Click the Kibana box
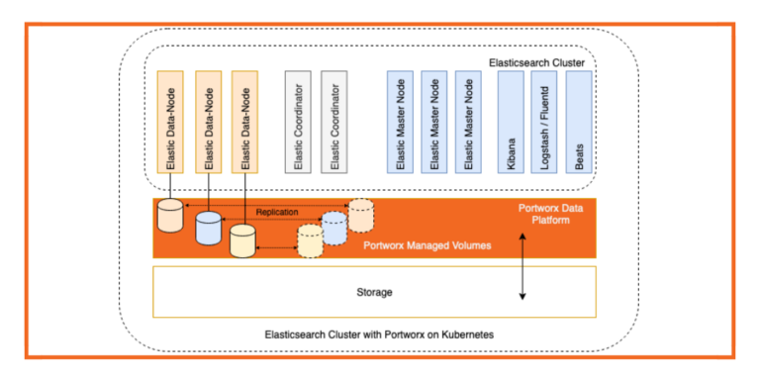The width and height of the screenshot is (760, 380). [511, 123]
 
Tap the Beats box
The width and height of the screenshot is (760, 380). [579, 123]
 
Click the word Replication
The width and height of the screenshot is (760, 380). [277, 212]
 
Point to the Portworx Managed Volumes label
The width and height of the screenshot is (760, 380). [427, 244]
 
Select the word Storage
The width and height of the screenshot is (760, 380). [374, 293]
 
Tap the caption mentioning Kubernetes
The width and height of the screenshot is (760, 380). [380, 334]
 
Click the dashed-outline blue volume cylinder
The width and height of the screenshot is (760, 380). [333, 228]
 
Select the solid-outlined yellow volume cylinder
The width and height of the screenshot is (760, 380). [242, 239]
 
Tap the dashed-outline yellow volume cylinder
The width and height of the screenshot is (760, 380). [310, 240]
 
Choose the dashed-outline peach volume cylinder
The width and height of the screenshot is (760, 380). [360, 215]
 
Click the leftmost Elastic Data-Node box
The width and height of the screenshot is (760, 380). [171, 123]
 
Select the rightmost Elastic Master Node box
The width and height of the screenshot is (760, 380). [468, 123]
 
